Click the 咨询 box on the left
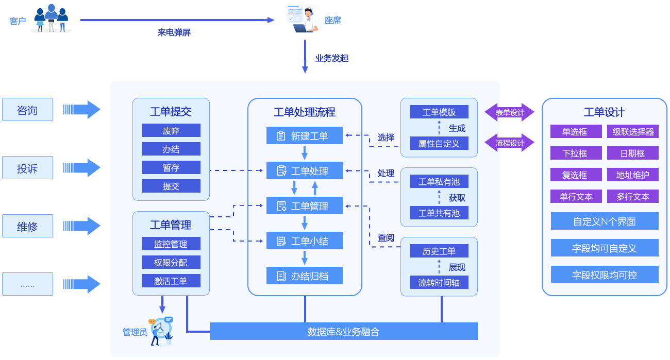(27, 110)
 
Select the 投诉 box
(27, 168)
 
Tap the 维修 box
(27, 226)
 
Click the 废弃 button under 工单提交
(171, 131)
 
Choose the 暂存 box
(171, 168)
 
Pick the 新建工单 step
(305, 136)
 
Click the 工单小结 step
(305, 241)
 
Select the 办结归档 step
(305, 276)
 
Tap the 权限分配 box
(171, 263)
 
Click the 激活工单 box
(171, 281)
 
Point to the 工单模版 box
(439, 112)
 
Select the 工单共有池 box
(439, 213)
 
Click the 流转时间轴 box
(439, 282)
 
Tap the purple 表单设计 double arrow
(510, 112)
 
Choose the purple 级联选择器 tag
(633, 132)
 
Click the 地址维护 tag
(633, 175)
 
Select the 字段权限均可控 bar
(605, 275)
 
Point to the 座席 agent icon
(303, 19)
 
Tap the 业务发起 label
(332, 58)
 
